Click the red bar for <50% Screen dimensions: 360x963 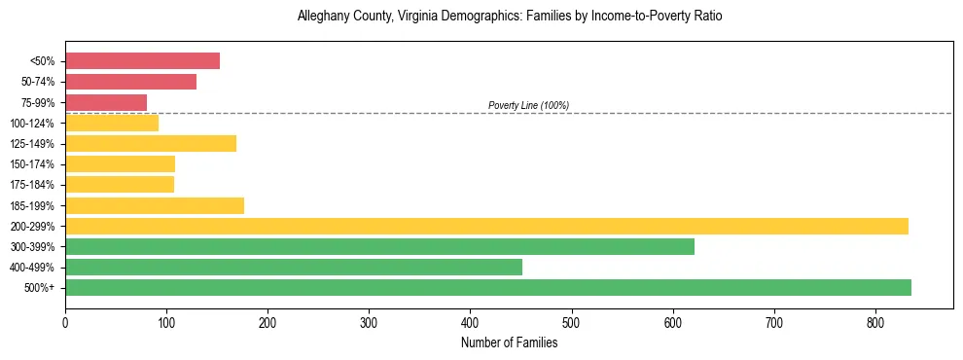point(142,61)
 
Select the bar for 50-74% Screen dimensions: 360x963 point(130,82)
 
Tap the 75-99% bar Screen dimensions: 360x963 point(106,102)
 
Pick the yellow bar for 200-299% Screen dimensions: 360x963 point(486,226)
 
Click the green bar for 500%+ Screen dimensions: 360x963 point(487,287)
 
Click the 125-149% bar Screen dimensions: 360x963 point(150,144)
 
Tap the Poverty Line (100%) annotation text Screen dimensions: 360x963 point(528,105)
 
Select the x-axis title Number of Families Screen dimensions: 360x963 point(509,342)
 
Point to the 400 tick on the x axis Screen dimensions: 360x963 point(470,321)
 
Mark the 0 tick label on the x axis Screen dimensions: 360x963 point(65,321)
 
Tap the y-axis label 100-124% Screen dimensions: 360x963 point(32,124)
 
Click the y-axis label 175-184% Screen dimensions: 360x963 point(32,185)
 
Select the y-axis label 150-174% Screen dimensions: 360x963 point(32,164)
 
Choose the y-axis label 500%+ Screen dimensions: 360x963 point(39,288)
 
